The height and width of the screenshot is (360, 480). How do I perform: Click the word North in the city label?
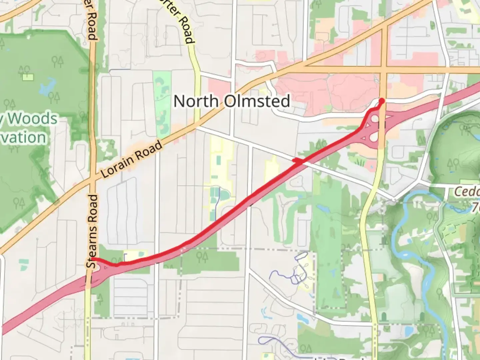[x=196, y=101]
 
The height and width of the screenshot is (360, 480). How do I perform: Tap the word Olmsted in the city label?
[x=256, y=101]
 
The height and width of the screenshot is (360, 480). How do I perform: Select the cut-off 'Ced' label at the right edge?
[x=467, y=192]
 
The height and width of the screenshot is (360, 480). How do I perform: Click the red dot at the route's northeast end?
[x=382, y=100]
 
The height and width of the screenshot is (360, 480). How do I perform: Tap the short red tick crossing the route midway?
[x=298, y=161]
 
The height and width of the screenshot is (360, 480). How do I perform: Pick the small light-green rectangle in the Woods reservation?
[x=28, y=77]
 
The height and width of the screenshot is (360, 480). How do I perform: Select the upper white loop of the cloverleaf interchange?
[x=375, y=118]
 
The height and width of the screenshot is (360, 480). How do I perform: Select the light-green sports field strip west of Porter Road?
[x=162, y=100]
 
